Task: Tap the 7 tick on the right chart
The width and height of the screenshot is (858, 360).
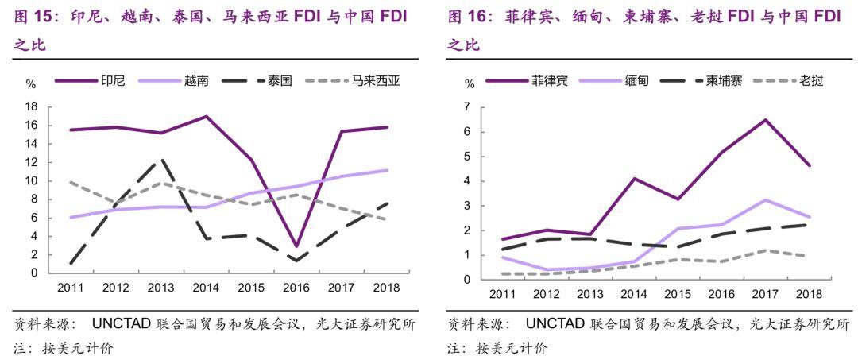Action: pyautogui.click(x=468, y=107)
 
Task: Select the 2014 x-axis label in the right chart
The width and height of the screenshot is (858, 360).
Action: pyautogui.click(x=633, y=295)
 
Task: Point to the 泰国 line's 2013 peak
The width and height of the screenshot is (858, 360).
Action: pyautogui.click(x=161, y=159)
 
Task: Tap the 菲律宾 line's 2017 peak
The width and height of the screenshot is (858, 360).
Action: pyautogui.click(x=764, y=120)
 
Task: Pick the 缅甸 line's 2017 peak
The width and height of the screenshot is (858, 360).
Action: pyautogui.click(x=764, y=199)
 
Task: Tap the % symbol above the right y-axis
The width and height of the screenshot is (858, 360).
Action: pyautogui.click(x=469, y=83)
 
